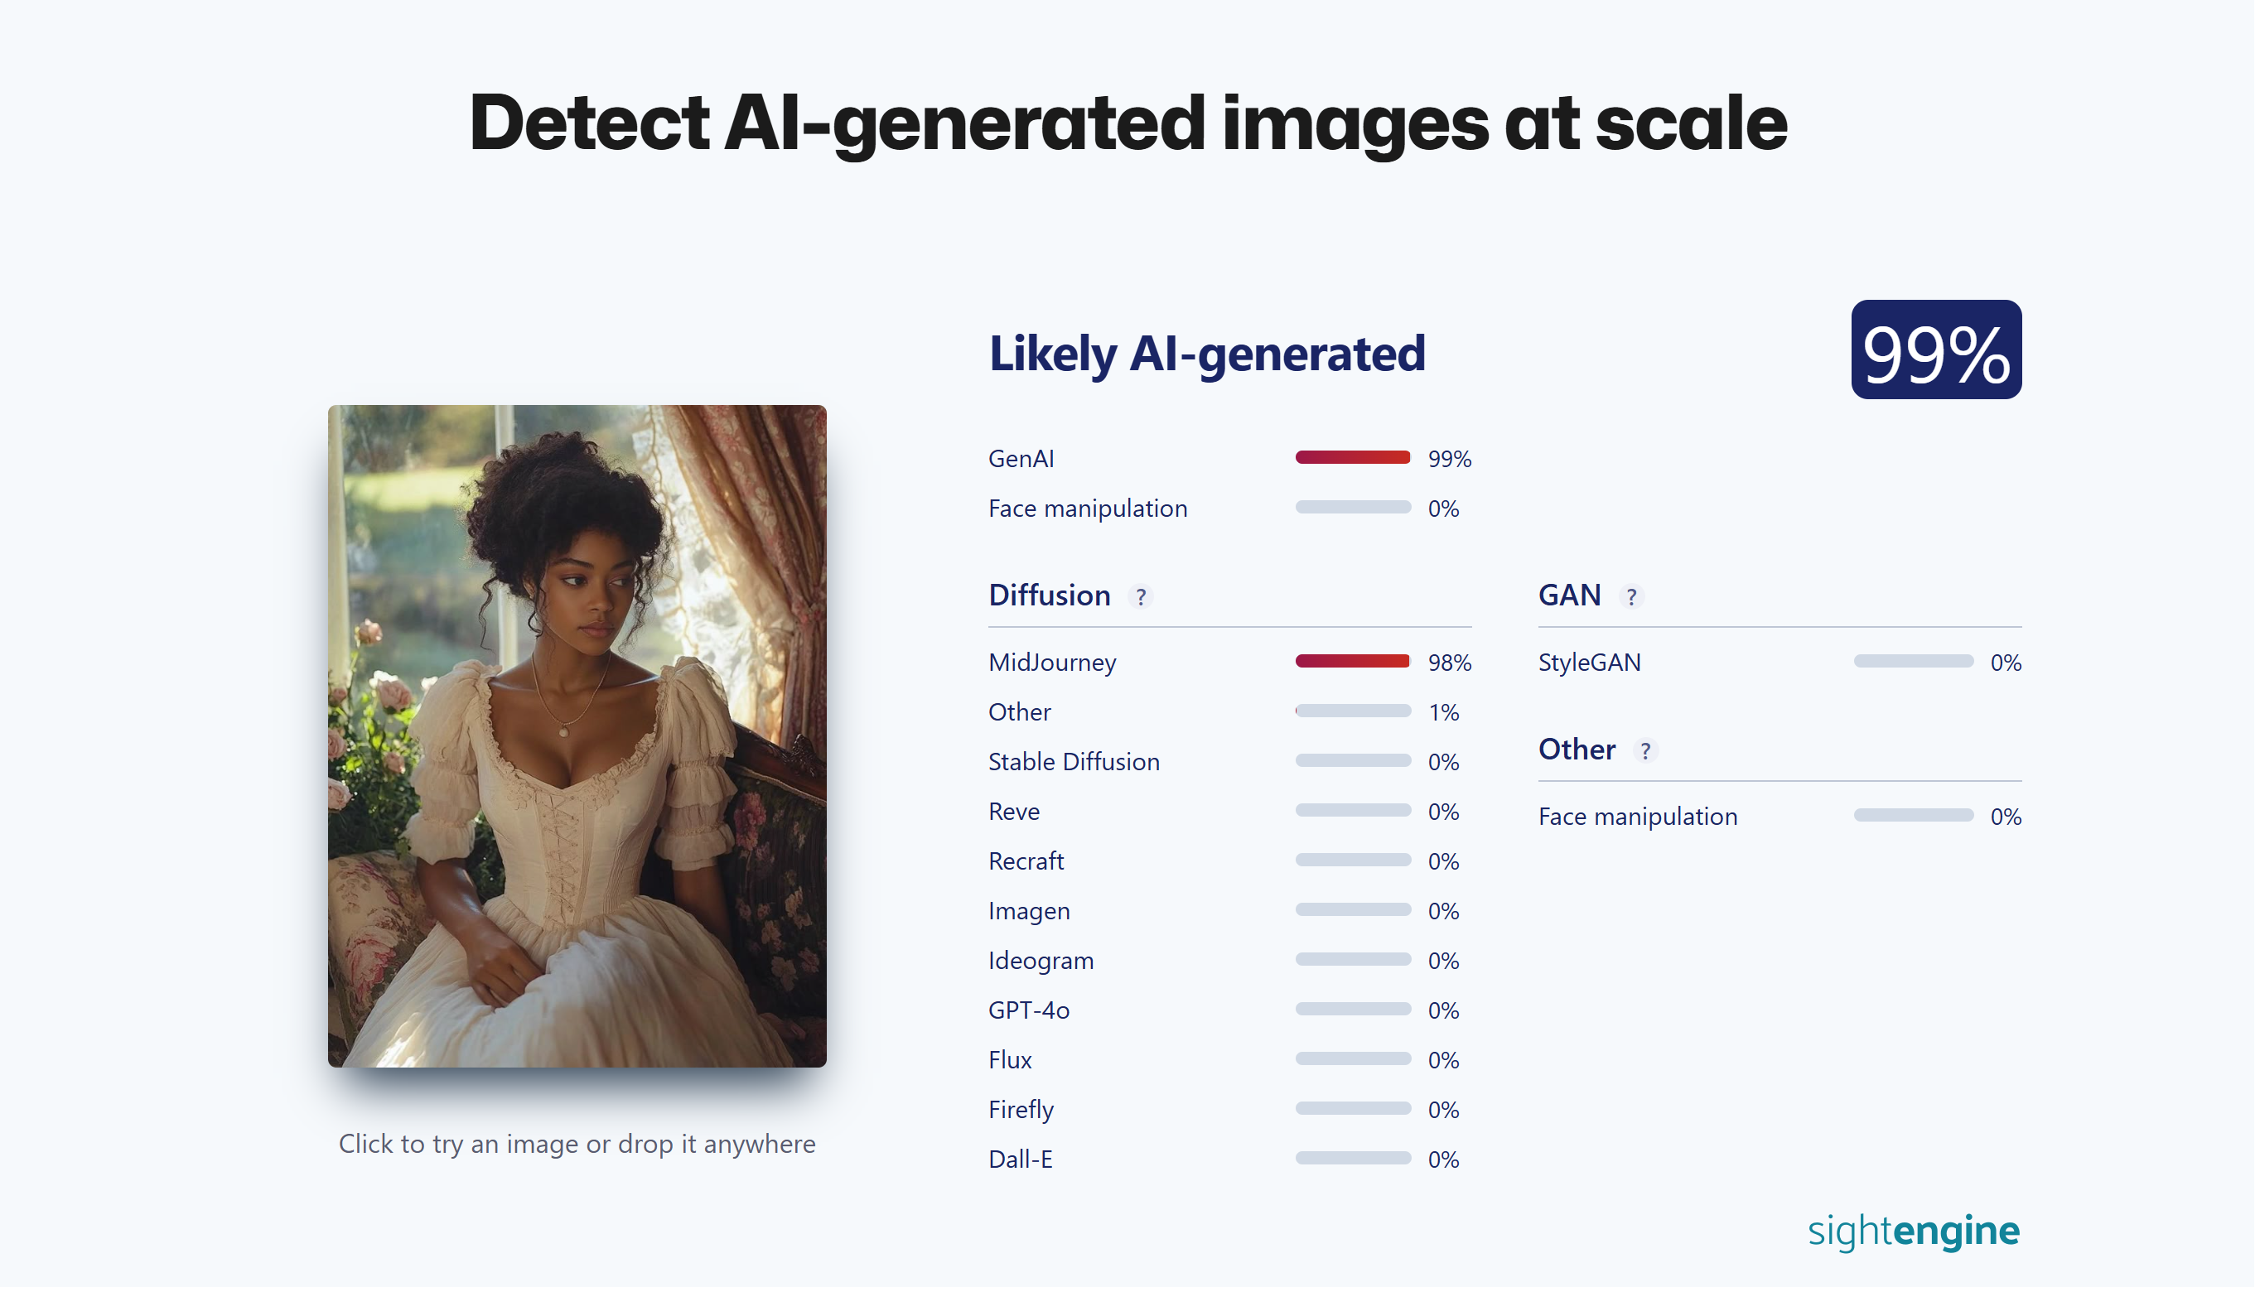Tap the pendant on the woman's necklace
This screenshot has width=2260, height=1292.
tap(564, 733)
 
